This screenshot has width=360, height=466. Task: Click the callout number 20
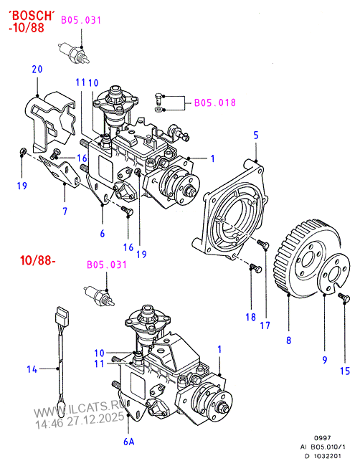pyautogui.click(x=37, y=69)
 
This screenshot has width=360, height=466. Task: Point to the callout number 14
pyautogui.click(x=31, y=370)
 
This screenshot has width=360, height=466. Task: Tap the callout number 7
pyautogui.click(x=64, y=211)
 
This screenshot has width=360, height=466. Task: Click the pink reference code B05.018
pyautogui.click(x=215, y=103)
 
